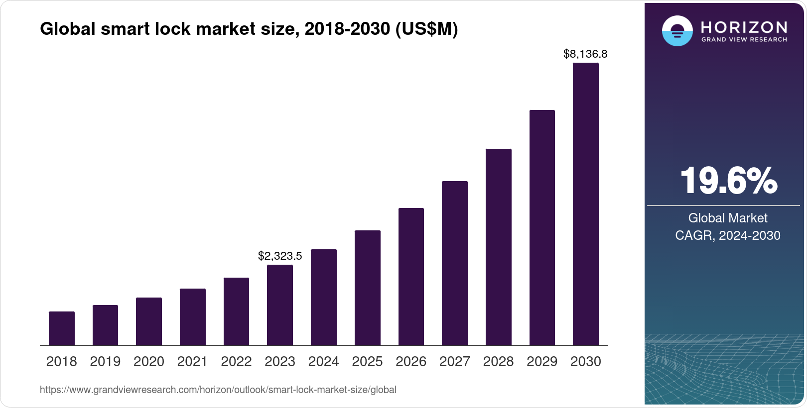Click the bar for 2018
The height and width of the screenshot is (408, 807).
click(62, 328)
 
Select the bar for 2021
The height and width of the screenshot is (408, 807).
click(193, 317)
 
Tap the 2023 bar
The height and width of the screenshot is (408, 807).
click(280, 305)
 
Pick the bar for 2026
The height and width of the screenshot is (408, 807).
click(411, 277)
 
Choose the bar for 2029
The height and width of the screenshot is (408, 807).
click(542, 227)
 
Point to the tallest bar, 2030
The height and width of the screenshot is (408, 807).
click(586, 204)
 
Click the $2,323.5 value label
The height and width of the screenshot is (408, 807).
click(280, 256)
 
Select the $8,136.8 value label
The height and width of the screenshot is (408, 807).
click(585, 54)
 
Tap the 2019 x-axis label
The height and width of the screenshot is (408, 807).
click(105, 362)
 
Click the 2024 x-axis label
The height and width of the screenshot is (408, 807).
click(324, 362)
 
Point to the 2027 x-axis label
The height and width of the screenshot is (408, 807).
click(455, 362)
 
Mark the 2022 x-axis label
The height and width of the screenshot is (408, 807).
click(236, 362)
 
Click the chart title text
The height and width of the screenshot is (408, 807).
click(249, 29)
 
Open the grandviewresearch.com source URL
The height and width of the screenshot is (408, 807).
click(218, 390)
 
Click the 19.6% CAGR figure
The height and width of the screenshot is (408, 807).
click(728, 181)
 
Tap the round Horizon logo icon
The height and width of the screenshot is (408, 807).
click(677, 31)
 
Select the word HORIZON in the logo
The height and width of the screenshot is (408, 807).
click(744, 27)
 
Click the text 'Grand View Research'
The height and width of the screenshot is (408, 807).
click(744, 40)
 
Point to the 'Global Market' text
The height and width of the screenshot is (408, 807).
click(728, 218)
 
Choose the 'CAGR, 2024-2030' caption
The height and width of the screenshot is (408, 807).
click(728, 235)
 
